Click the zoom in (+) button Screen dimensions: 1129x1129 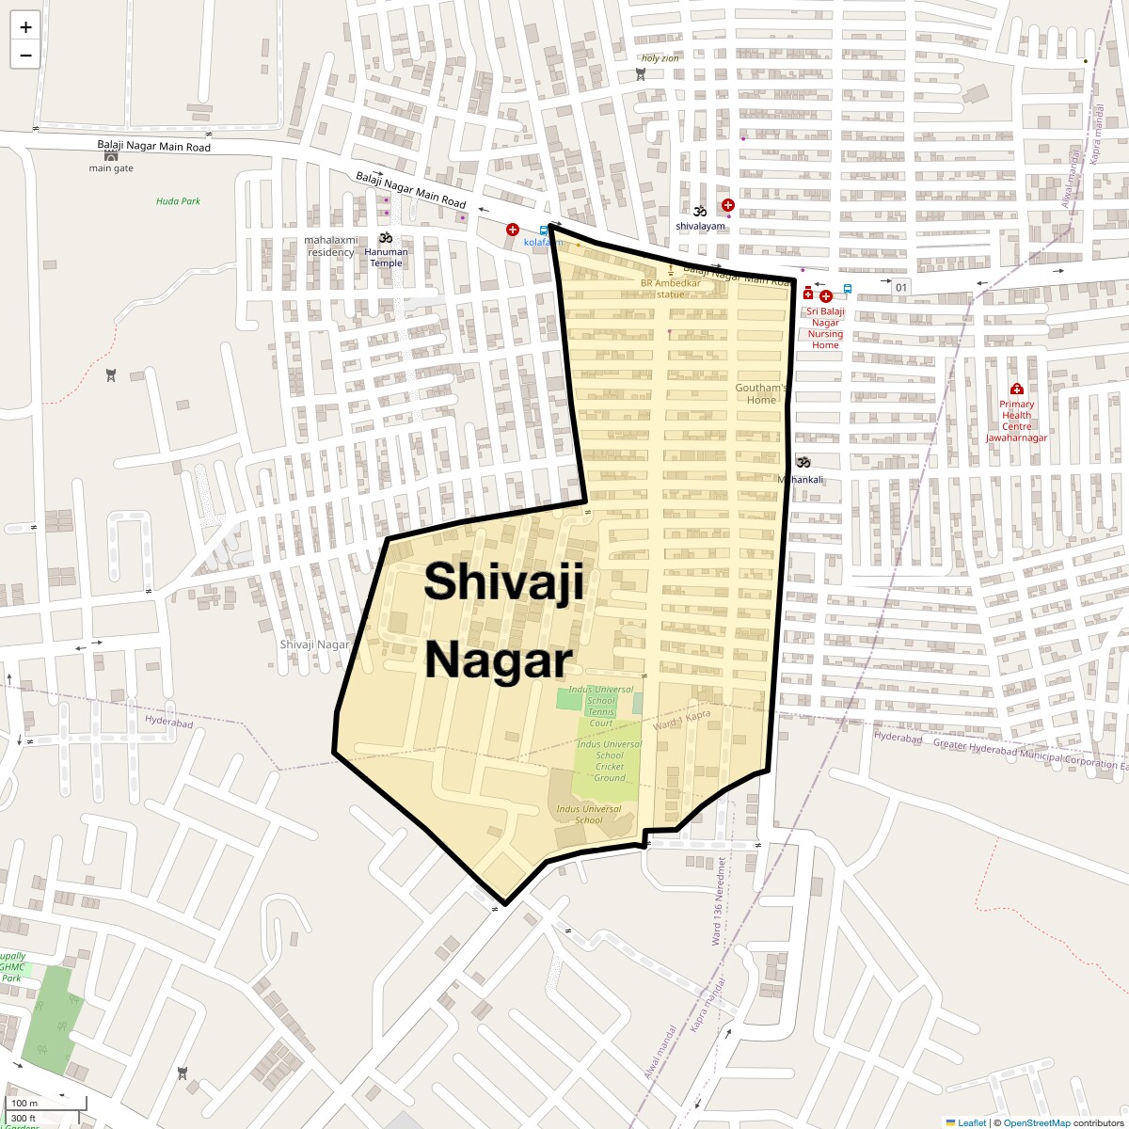[25, 27]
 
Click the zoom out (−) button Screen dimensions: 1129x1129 [25, 55]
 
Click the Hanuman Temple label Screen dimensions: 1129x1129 [386, 257]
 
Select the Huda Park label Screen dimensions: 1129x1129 [178, 201]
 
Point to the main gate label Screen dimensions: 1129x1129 [111, 168]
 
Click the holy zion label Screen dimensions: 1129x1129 [660, 58]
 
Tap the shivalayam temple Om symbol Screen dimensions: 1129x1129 [700, 212]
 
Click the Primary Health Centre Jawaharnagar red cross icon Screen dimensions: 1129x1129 [1016, 390]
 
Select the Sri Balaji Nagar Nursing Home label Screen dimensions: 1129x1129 [825, 327]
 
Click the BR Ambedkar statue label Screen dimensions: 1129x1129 [671, 288]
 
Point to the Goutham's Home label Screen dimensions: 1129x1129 [761, 393]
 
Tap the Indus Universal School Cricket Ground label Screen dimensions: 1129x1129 [609, 761]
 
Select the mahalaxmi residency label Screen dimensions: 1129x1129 [331, 246]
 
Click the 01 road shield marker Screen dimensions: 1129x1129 [901, 287]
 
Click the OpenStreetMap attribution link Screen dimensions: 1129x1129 [1036, 1122]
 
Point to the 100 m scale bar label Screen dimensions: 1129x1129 [24, 1103]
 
